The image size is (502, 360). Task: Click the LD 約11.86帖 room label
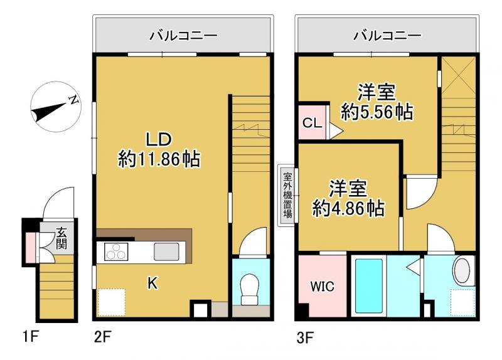[x=159, y=150]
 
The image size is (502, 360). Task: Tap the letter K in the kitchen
[x=152, y=283]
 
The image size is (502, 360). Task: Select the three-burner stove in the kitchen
[x=115, y=253]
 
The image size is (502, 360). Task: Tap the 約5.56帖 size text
[x=376, y=112]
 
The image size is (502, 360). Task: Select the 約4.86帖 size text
[x=349, y=208]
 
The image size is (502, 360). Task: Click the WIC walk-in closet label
[x=323, y=287]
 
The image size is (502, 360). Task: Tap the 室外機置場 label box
[x=287, y=196]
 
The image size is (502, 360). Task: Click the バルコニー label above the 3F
[x=387, y=36]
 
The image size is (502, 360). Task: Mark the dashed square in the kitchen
[x=112, y=302]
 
